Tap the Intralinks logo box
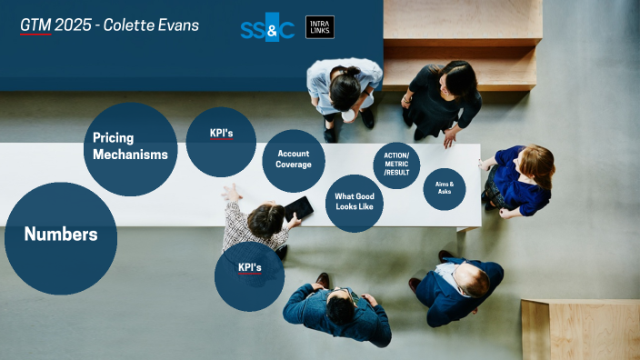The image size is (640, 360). pos(320,27)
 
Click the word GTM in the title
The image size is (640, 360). pos(35,25)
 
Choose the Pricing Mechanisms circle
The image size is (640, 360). pos(129,148)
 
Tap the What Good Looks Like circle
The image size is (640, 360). pos(354,203)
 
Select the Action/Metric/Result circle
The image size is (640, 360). pos(396,165)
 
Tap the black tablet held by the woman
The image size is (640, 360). pos(298,209)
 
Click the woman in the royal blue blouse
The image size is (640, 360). pos(522,180)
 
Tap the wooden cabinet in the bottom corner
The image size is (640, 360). pos(582,328)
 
